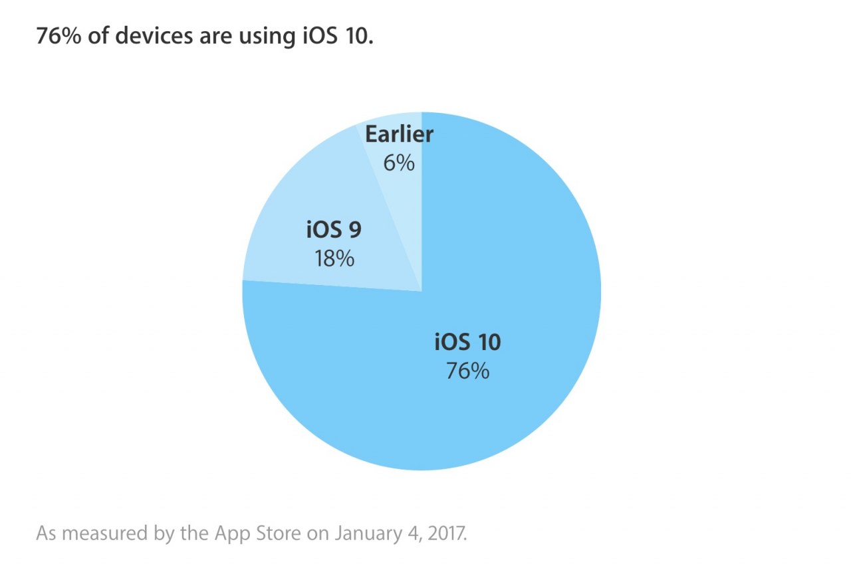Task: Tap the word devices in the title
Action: pos(153,36)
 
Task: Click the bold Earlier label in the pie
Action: pos(399,134)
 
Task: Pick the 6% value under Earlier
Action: pos(399,162)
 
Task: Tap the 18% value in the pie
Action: pos(334,258)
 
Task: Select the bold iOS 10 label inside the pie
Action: pos(467,342)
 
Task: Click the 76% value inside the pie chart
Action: pos(467,371)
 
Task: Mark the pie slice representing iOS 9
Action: pos(293,199)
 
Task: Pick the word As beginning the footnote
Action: pos(45,533)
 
